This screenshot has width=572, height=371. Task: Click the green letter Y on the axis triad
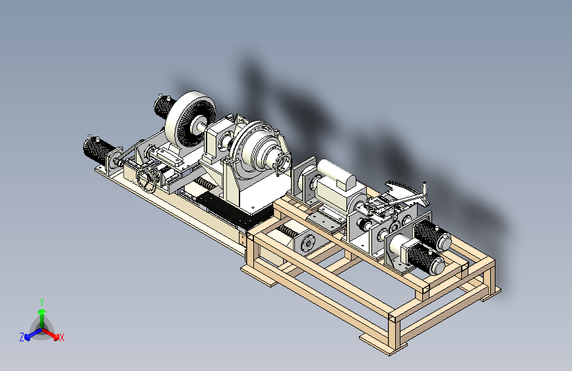click(x=42, y=302)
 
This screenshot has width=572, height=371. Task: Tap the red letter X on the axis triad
click(x=61, y=338)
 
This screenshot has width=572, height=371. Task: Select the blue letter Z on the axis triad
click(x=22, y=337)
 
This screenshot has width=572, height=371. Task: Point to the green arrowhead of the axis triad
click(x=42, y=312)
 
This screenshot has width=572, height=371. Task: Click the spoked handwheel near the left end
click(x=147, y=178)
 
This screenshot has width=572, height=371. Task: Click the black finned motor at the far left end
click(x=98, y=149)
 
